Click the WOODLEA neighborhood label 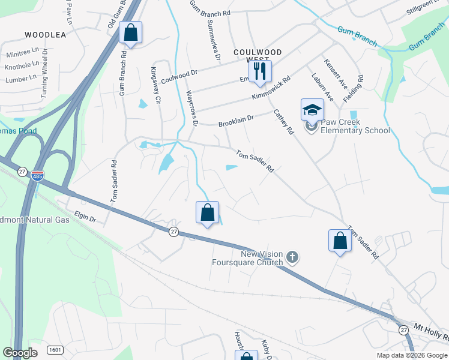coord(46,35)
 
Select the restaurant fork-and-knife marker coord(260,71)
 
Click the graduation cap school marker coord(312,110)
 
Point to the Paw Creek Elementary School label coord(354,127)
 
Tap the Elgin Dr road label coord(85,216)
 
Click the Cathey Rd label coord(283,121)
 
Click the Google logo coord(20,352)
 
